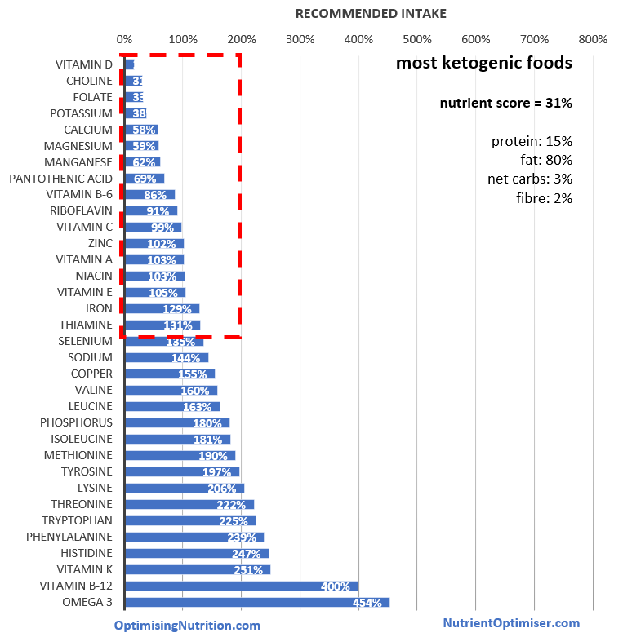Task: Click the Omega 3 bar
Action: click(x=256, y=602)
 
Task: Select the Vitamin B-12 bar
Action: click(x=241, y=586)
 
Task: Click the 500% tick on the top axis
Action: click(x=417, y=39)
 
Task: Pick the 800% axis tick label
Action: click(x=593, y=39)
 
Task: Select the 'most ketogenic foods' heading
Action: click(x=484, y=64)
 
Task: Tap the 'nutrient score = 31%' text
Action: click(x=505, y=104)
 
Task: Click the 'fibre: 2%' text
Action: click(x=544, y=197)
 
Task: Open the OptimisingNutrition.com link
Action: click(x=187, y=625)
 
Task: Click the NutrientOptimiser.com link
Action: click(x=511, y=622)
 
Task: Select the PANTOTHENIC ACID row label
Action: click(x=60, y=179)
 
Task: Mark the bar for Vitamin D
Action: click(x=129, y=64)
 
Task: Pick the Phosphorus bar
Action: click(x=176, y=422)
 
